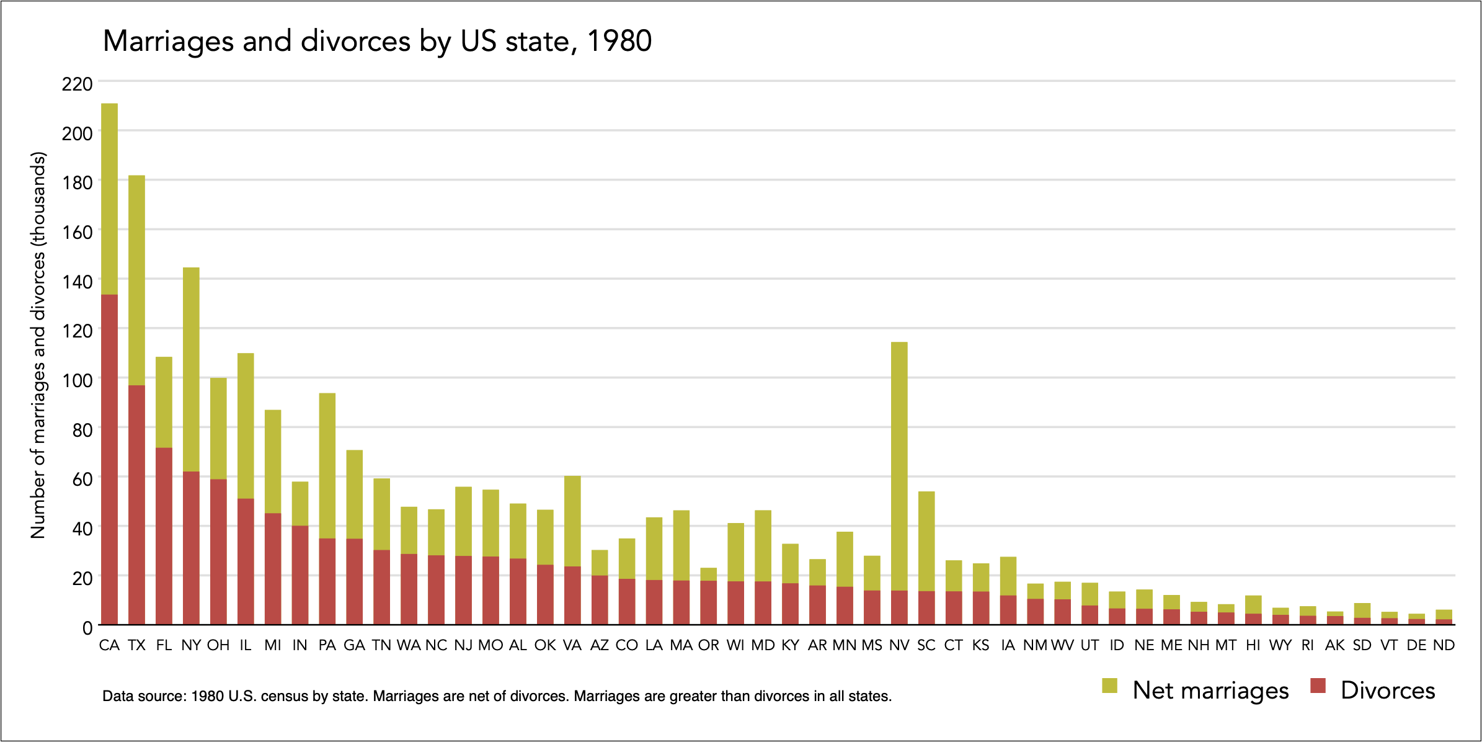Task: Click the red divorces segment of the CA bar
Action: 109,459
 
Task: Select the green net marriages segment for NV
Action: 899,465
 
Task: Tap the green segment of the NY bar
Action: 191,369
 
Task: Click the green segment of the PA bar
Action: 327,465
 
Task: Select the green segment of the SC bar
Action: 926,541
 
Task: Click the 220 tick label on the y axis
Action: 77,84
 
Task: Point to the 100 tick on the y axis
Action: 77,380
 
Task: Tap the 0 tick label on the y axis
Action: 87,628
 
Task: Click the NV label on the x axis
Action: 899,645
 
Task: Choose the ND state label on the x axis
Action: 1444,645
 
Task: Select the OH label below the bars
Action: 218,645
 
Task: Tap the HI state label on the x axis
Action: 1253,645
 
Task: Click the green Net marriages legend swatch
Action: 1109,686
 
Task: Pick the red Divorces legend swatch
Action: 1318,686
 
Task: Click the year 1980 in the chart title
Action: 619,42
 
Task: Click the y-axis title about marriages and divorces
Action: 38,345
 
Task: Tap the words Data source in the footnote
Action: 144,696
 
